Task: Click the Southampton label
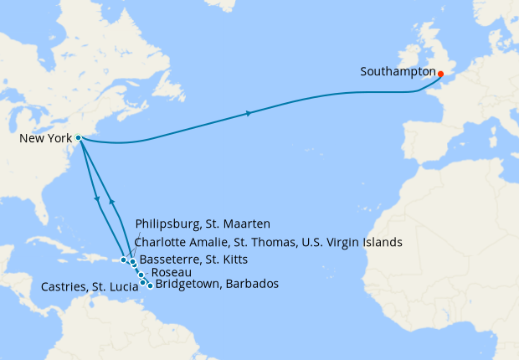click(x=398, y=72)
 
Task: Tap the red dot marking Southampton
click(x=440, y=74)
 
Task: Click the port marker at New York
click(x=78, y=138)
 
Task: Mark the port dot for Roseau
click(x=141, y=275)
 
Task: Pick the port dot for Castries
click(x=143, y=282)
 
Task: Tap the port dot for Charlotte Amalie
click(x=124, y=260)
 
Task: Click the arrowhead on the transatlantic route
click(x=249, y=113)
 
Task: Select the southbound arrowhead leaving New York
click(x=99, y=199)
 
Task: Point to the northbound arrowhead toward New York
click(x=110, y=202)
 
